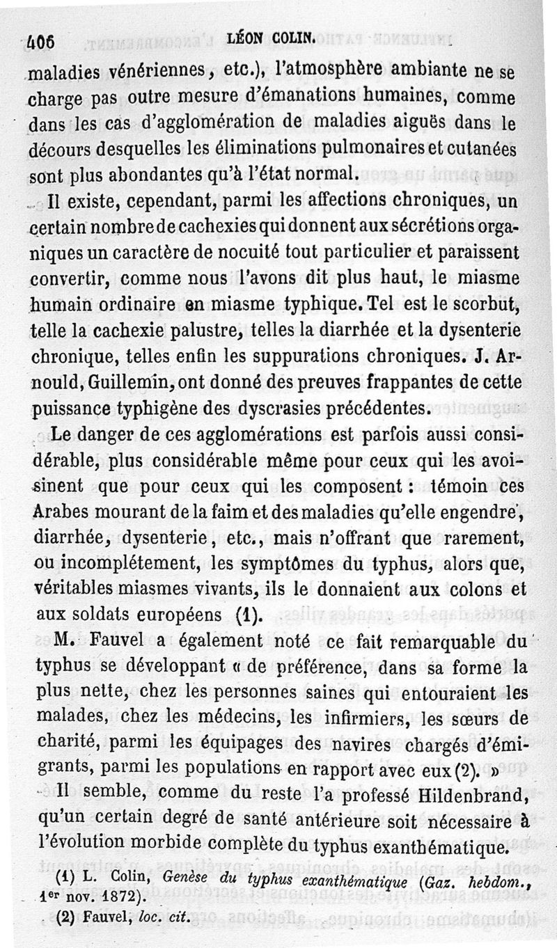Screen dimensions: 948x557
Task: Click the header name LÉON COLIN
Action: [x=268, y=41]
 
